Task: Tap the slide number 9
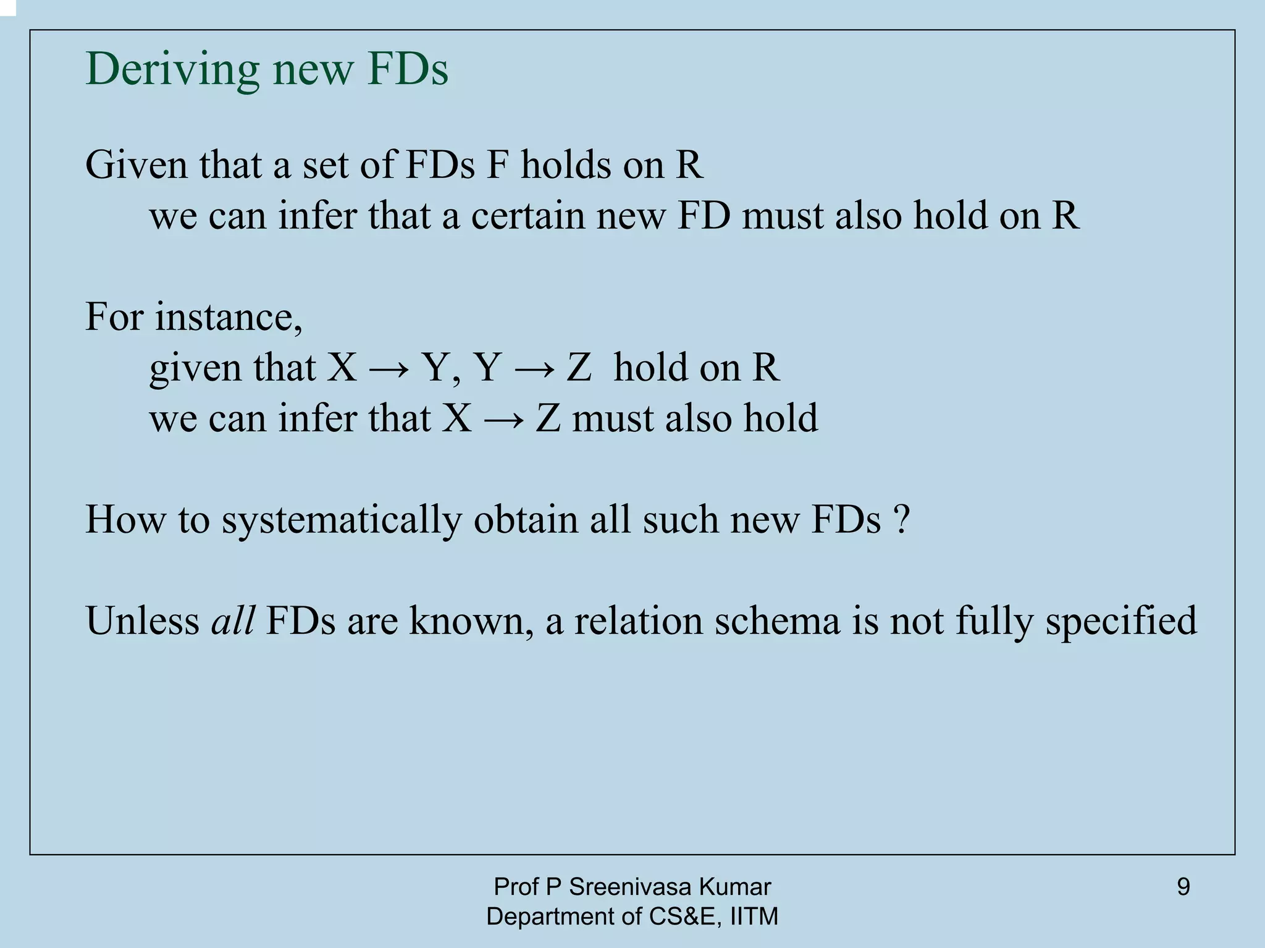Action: [x=1183, y=887]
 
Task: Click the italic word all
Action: [x=233, y=620]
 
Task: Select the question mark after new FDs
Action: [x=901, y=519]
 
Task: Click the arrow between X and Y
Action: [x=389, y=368]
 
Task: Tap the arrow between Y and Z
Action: [x=534, y=368]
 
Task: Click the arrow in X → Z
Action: [x=503, y=419]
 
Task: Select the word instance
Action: [x=228, y=316]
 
